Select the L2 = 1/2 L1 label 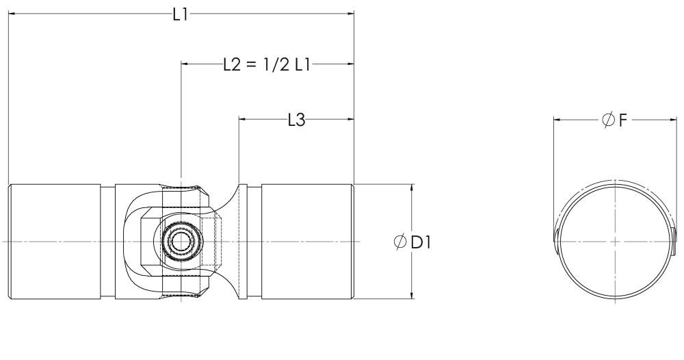coord(267,64)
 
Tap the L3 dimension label coord(296,120)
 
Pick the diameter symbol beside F coord(607,120)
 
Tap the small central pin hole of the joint coord(181,242)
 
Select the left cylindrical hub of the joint coord(55,242)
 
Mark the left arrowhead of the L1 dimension coord(12,14)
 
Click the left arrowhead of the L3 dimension coord(242,120)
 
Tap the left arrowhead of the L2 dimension coord(185,64)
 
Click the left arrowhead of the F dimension coord(557,120)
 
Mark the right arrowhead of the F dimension coord(673,120)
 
